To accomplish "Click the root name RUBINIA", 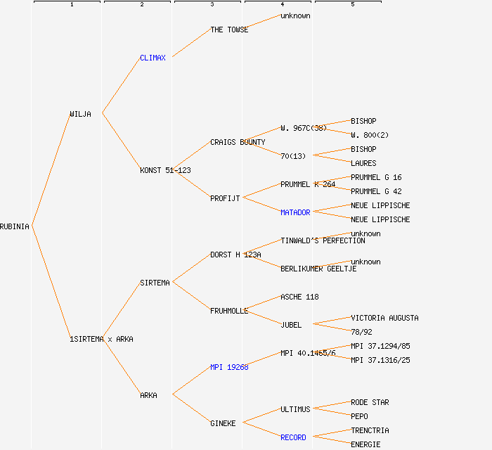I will (15, 226).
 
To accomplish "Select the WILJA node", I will (80, 114).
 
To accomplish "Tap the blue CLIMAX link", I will (153, 58).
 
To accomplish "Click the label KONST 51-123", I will (165, 170).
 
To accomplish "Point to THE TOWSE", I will (229, 30).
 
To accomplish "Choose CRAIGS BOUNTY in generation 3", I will (238, 142).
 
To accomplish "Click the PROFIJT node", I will (225, 198).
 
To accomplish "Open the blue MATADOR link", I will (295, 212).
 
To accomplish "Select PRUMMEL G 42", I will (376, 191).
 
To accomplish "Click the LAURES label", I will (363, 163).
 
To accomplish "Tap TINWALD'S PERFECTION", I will (323, 240).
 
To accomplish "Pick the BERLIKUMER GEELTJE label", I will (318, 269).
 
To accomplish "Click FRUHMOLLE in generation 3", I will (229, 311).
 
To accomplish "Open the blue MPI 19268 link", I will (229, 367).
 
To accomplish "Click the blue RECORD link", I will (293, 437).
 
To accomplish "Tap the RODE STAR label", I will (370, 402).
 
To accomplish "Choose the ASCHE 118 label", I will (299, 297).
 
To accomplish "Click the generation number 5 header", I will (353, 5).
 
